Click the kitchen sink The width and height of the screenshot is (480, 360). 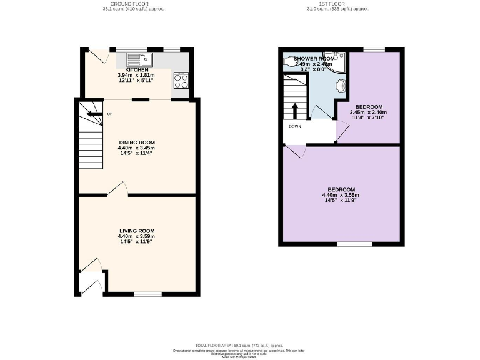pyautogui.click(x=140, y=60)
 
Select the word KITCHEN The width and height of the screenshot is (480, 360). pyautogui.click(x=137, y=69)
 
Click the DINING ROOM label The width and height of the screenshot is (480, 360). pyautogui.click(x=137, y=142)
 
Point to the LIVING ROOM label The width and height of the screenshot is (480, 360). pyautogui.click(x=136, y=231)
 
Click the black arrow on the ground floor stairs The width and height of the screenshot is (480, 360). pyautogui.click(x=94, y=114)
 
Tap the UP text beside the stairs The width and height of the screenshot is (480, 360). pyautogui.click(x=109, y=114)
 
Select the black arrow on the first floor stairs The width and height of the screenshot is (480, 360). pyautogui.click(x=295, y=109)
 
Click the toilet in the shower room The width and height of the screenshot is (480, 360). pyautogui.click(x=289, y=61)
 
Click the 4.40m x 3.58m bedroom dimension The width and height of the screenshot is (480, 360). pyautogui.click(x=341, y=195)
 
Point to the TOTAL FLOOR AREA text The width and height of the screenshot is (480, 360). pyautogui.click(x=239, y=345)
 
